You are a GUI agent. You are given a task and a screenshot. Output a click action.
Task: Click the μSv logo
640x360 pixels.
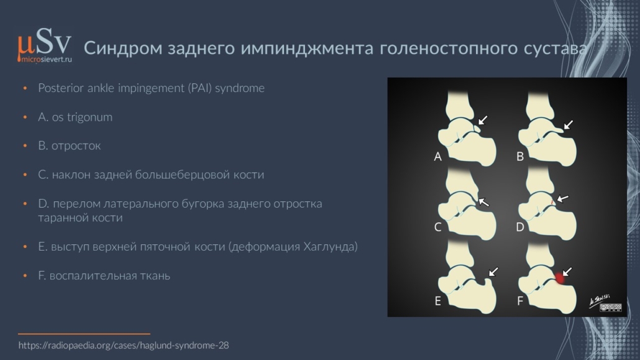(x=45, y=42)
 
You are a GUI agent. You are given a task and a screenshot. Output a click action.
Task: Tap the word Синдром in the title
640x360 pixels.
(x=123, y=48)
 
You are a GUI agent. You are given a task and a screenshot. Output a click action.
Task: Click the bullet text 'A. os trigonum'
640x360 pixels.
(x=75, y=118)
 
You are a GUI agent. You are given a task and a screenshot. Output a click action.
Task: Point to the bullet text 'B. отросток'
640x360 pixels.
(x=70, y=146)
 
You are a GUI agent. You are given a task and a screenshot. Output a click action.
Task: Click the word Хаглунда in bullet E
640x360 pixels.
(x=330, y=247)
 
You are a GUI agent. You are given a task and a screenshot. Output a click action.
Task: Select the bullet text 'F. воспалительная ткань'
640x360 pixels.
(x=104, y=276)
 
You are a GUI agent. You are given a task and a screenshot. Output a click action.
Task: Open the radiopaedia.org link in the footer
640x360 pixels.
(x=124, y=345)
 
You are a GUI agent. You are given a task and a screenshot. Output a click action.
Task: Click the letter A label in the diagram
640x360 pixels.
(x=438, y=157)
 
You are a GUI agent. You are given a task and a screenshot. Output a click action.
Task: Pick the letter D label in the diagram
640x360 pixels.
(x=520, y=227)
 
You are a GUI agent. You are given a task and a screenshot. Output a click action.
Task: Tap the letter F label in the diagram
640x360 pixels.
(x=520, y=301)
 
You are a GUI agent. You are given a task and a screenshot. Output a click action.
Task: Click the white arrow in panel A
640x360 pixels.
(x=482, y=120)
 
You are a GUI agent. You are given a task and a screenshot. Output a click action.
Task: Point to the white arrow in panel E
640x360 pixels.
(x=493, y=272)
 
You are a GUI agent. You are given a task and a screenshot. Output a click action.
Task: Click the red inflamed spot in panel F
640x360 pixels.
(x=560, y=279)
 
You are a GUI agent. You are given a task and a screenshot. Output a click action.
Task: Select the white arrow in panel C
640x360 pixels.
(x=483, y=202)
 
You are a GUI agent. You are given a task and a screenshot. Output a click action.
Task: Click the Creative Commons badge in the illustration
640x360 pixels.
(x=611, y=307)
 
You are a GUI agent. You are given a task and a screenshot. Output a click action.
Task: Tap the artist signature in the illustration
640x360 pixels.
(x=600, y=301)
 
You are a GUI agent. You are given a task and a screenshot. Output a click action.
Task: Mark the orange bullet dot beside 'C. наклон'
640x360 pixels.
(x=25, y=175)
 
